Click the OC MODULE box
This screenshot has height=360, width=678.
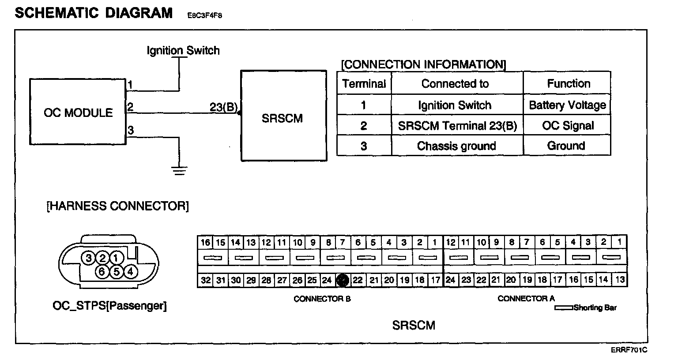[78, 112]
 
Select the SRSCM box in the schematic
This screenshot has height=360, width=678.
[283, 116]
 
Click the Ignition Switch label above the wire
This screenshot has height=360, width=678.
[183, 51]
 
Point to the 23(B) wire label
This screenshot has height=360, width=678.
[224, 107]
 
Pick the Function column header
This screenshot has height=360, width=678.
[568, 83]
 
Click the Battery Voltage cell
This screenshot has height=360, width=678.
[567, 105]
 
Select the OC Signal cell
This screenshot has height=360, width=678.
[568, 126]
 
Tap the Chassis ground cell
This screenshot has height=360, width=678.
[456, 146]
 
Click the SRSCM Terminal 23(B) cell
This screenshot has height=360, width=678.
[457, 126]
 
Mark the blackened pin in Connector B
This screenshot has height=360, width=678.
[343, 280]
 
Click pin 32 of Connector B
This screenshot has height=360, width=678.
[205, 280]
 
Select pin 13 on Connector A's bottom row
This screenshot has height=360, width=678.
[620, 279]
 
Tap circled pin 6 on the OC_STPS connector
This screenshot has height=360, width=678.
[102, 272]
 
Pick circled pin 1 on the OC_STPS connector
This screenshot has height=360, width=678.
[116, 258]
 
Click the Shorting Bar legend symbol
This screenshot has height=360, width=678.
[564, 307]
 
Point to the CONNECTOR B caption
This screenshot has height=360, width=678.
[322, 299]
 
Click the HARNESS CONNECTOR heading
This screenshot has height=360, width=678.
[117, 206]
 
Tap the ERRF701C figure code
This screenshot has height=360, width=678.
[629, 350]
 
